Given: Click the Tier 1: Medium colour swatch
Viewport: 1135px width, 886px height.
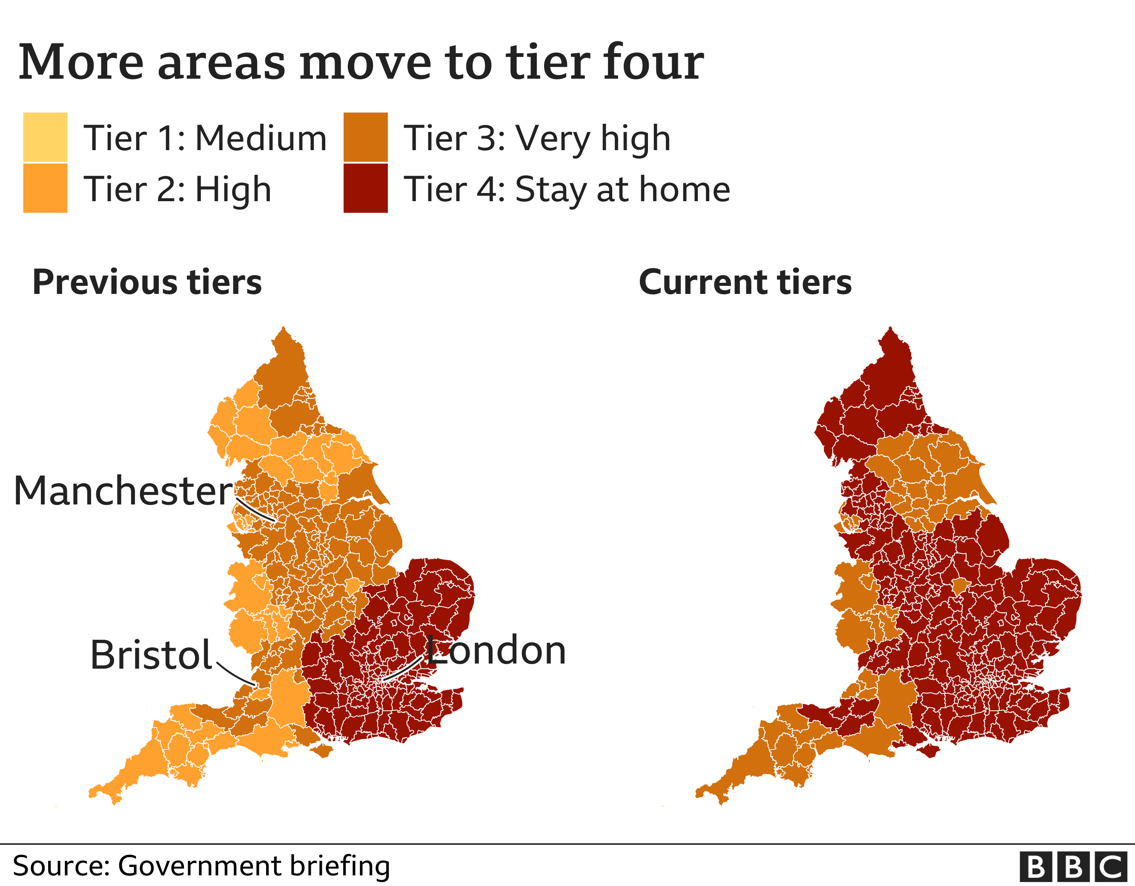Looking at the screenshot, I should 45,137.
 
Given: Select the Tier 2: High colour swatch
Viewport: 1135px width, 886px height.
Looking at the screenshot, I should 45,188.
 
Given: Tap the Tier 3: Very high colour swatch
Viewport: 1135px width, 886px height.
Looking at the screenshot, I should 365,137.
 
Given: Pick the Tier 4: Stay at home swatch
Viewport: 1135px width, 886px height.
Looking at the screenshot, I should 365,188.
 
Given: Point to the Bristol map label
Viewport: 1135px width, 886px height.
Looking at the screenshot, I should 151,655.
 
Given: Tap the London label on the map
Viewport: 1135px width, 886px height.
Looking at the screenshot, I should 496,650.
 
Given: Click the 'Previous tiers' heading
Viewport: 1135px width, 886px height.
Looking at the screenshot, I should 147,282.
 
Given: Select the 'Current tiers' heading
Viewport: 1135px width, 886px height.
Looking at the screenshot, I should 745,282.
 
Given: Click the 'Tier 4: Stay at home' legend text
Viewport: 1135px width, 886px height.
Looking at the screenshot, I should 567,189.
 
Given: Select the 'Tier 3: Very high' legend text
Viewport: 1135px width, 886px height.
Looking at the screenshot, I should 537,138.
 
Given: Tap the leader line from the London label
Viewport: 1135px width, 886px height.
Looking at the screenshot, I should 402,669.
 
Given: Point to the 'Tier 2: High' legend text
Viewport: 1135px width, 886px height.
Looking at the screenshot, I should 178,189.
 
